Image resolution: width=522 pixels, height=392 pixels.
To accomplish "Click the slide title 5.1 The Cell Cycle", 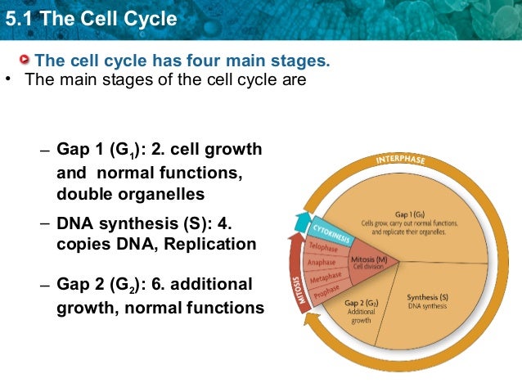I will click(90, 18).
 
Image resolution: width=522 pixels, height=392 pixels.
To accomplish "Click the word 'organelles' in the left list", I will click(164, 195).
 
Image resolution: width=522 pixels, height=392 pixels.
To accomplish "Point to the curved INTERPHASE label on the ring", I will click(401, 158).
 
